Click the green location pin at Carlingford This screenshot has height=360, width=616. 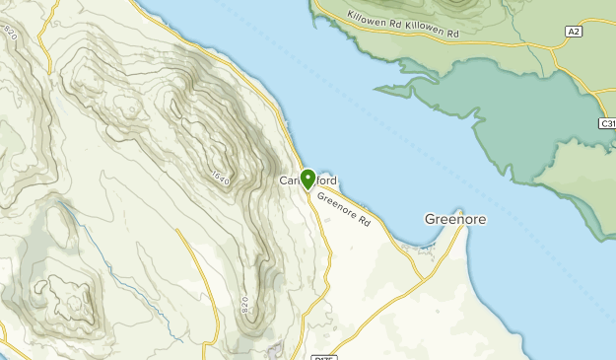pyautogui.click(x=308, y=179)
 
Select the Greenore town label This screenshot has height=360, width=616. pyautogui.click(x=454, y=219)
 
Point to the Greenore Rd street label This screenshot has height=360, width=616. pyautogui.click(x=344, y=208)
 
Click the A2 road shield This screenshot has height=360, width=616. pyautogui.click(x=574, y=33)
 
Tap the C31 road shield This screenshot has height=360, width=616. pyautogui.click(x=607, y=123)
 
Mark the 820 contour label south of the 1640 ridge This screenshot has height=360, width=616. pyautogui.click(x=245, y=307)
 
